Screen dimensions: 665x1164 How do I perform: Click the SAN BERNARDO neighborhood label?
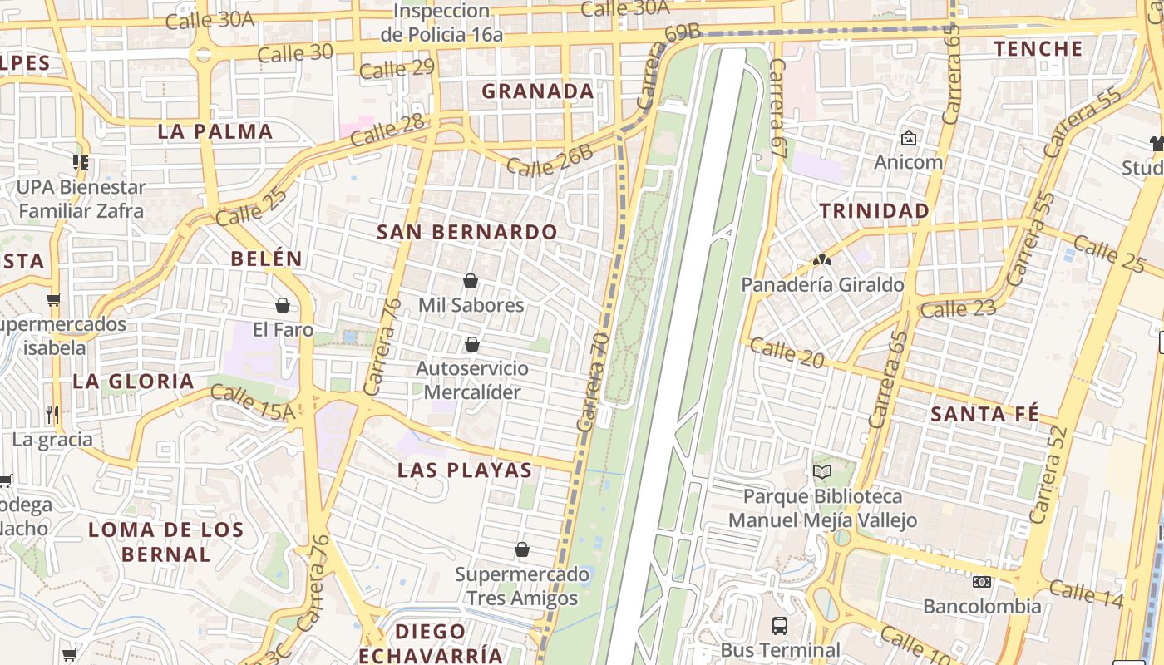466,232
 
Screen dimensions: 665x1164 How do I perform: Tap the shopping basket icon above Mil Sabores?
471,281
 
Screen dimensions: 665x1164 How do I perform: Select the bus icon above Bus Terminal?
780,625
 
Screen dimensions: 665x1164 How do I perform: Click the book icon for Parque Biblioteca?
822,471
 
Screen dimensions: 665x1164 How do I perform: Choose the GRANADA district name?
538,91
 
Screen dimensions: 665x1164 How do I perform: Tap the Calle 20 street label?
787,353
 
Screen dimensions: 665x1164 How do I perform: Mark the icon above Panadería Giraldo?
822,260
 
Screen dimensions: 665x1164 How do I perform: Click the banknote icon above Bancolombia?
982,582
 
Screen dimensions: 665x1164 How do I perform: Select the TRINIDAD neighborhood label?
875,211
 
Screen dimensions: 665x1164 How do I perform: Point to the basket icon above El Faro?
283,305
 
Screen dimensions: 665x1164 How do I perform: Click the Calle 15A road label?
253,401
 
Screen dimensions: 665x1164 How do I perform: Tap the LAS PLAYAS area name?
465,470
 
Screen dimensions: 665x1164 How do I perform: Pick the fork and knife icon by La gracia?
52,414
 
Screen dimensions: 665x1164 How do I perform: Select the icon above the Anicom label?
908,137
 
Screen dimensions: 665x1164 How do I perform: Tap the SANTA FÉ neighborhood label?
984,414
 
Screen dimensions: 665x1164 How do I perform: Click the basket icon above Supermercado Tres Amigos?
522,549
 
